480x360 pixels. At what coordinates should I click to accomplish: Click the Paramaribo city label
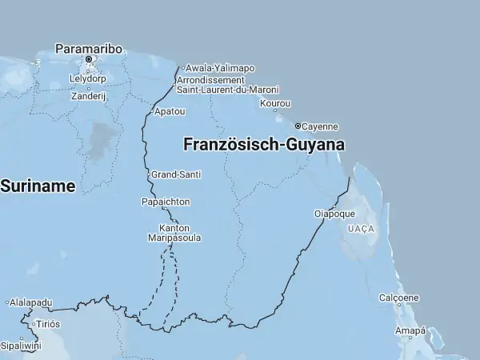(89, 48)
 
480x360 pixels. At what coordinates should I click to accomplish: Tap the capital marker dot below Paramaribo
(89, 58)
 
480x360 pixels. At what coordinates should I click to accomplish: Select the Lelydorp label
(89, 79)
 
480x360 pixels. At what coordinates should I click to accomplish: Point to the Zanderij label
(88, 96)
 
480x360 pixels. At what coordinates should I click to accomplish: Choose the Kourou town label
(275, 103)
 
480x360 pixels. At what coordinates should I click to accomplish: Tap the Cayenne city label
(320, 126)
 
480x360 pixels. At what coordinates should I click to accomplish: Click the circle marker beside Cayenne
(298, 126)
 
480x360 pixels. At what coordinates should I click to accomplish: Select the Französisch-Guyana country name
(264, 146)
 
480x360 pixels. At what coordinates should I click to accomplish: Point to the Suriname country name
(38, 186)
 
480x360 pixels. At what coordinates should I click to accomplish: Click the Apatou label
(170, 111)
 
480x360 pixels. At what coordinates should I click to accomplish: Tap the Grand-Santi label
(176, 174)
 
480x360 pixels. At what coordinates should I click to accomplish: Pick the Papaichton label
(166, 202)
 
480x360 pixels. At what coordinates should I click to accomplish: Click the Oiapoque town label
(334, 214)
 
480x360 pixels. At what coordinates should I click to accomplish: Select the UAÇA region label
(361, 229)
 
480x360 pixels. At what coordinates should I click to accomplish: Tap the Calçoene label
(398, 298)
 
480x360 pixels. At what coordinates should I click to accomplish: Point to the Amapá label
(410, 330)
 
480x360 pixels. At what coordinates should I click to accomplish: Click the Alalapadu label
(31, 302)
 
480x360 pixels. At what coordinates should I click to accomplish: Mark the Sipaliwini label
(20, 346)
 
